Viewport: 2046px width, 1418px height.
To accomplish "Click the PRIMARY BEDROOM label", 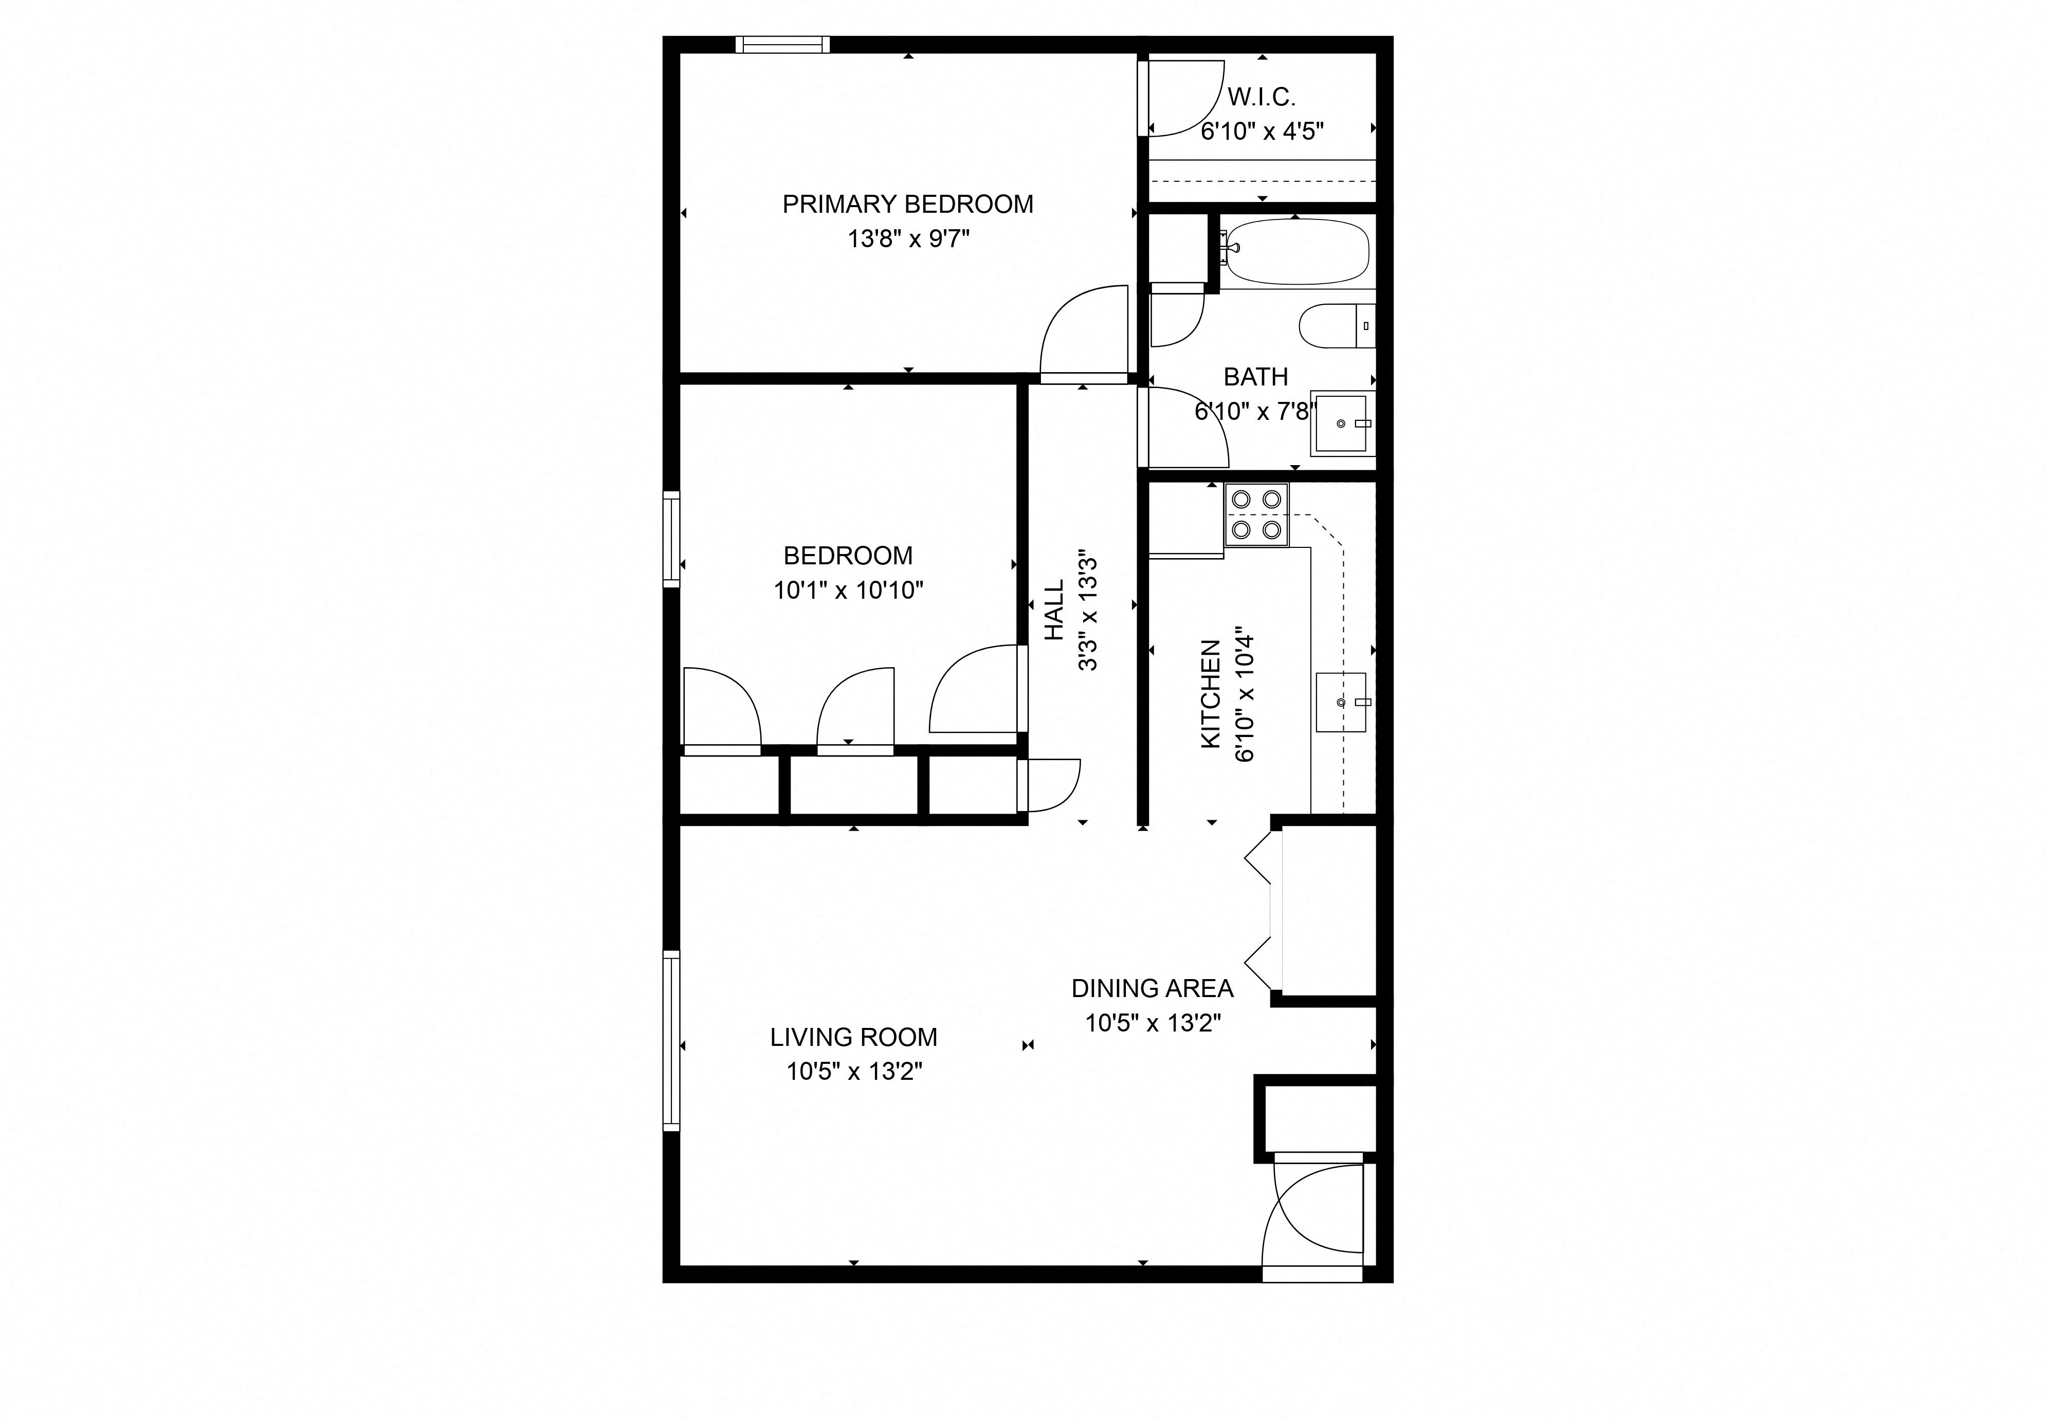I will (x=907, y=205).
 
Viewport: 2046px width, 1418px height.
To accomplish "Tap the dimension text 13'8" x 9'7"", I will (x=907, y=239).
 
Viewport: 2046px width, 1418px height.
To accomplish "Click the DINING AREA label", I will (x=1152, y=988).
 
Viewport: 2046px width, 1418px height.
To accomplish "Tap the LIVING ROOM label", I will (x=853, y=1037).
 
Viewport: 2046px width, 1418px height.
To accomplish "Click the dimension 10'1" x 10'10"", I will (x=848, y=590).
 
